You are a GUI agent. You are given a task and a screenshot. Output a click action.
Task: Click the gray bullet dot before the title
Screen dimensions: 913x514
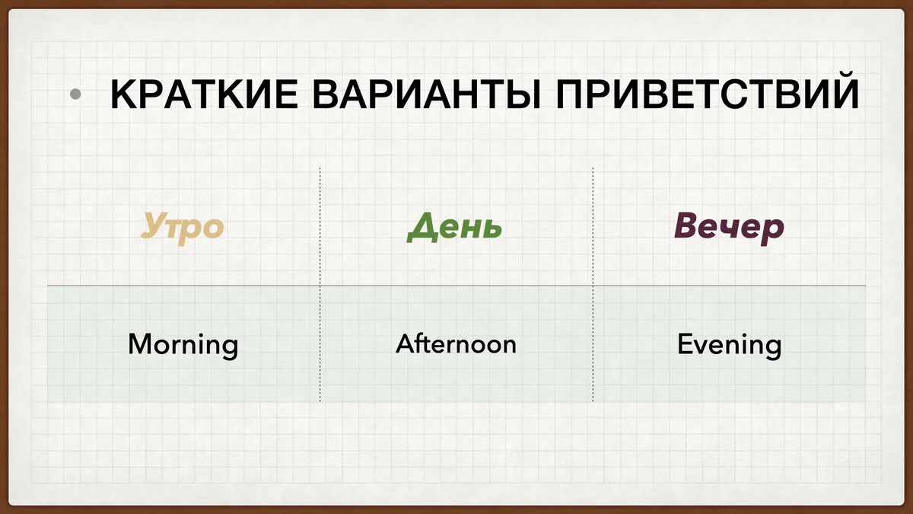pos(75,94)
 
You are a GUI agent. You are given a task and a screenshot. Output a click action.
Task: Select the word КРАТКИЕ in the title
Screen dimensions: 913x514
pos(205,94)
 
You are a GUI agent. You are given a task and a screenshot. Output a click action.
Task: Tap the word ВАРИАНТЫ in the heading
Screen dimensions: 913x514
pos(426,94)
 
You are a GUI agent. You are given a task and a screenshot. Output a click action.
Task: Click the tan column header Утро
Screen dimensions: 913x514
pos(182,228)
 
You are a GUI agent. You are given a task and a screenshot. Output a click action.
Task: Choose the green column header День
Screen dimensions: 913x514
pos(454,227)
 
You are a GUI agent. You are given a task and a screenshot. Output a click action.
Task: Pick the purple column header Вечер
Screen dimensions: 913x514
pos(729,228)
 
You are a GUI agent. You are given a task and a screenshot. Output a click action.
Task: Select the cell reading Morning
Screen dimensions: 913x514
pos(183,346)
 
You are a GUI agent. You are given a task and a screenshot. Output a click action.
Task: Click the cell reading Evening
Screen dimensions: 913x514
pos(729,346)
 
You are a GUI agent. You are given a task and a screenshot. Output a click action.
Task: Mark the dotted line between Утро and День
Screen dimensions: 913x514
pos(320,284)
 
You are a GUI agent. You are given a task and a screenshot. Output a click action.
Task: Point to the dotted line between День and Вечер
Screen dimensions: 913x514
pos(593,284)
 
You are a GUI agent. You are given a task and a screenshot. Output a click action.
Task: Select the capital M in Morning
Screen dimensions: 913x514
pos(141,343)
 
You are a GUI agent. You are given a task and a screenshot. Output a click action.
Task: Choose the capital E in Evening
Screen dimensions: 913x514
pos(685,344)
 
